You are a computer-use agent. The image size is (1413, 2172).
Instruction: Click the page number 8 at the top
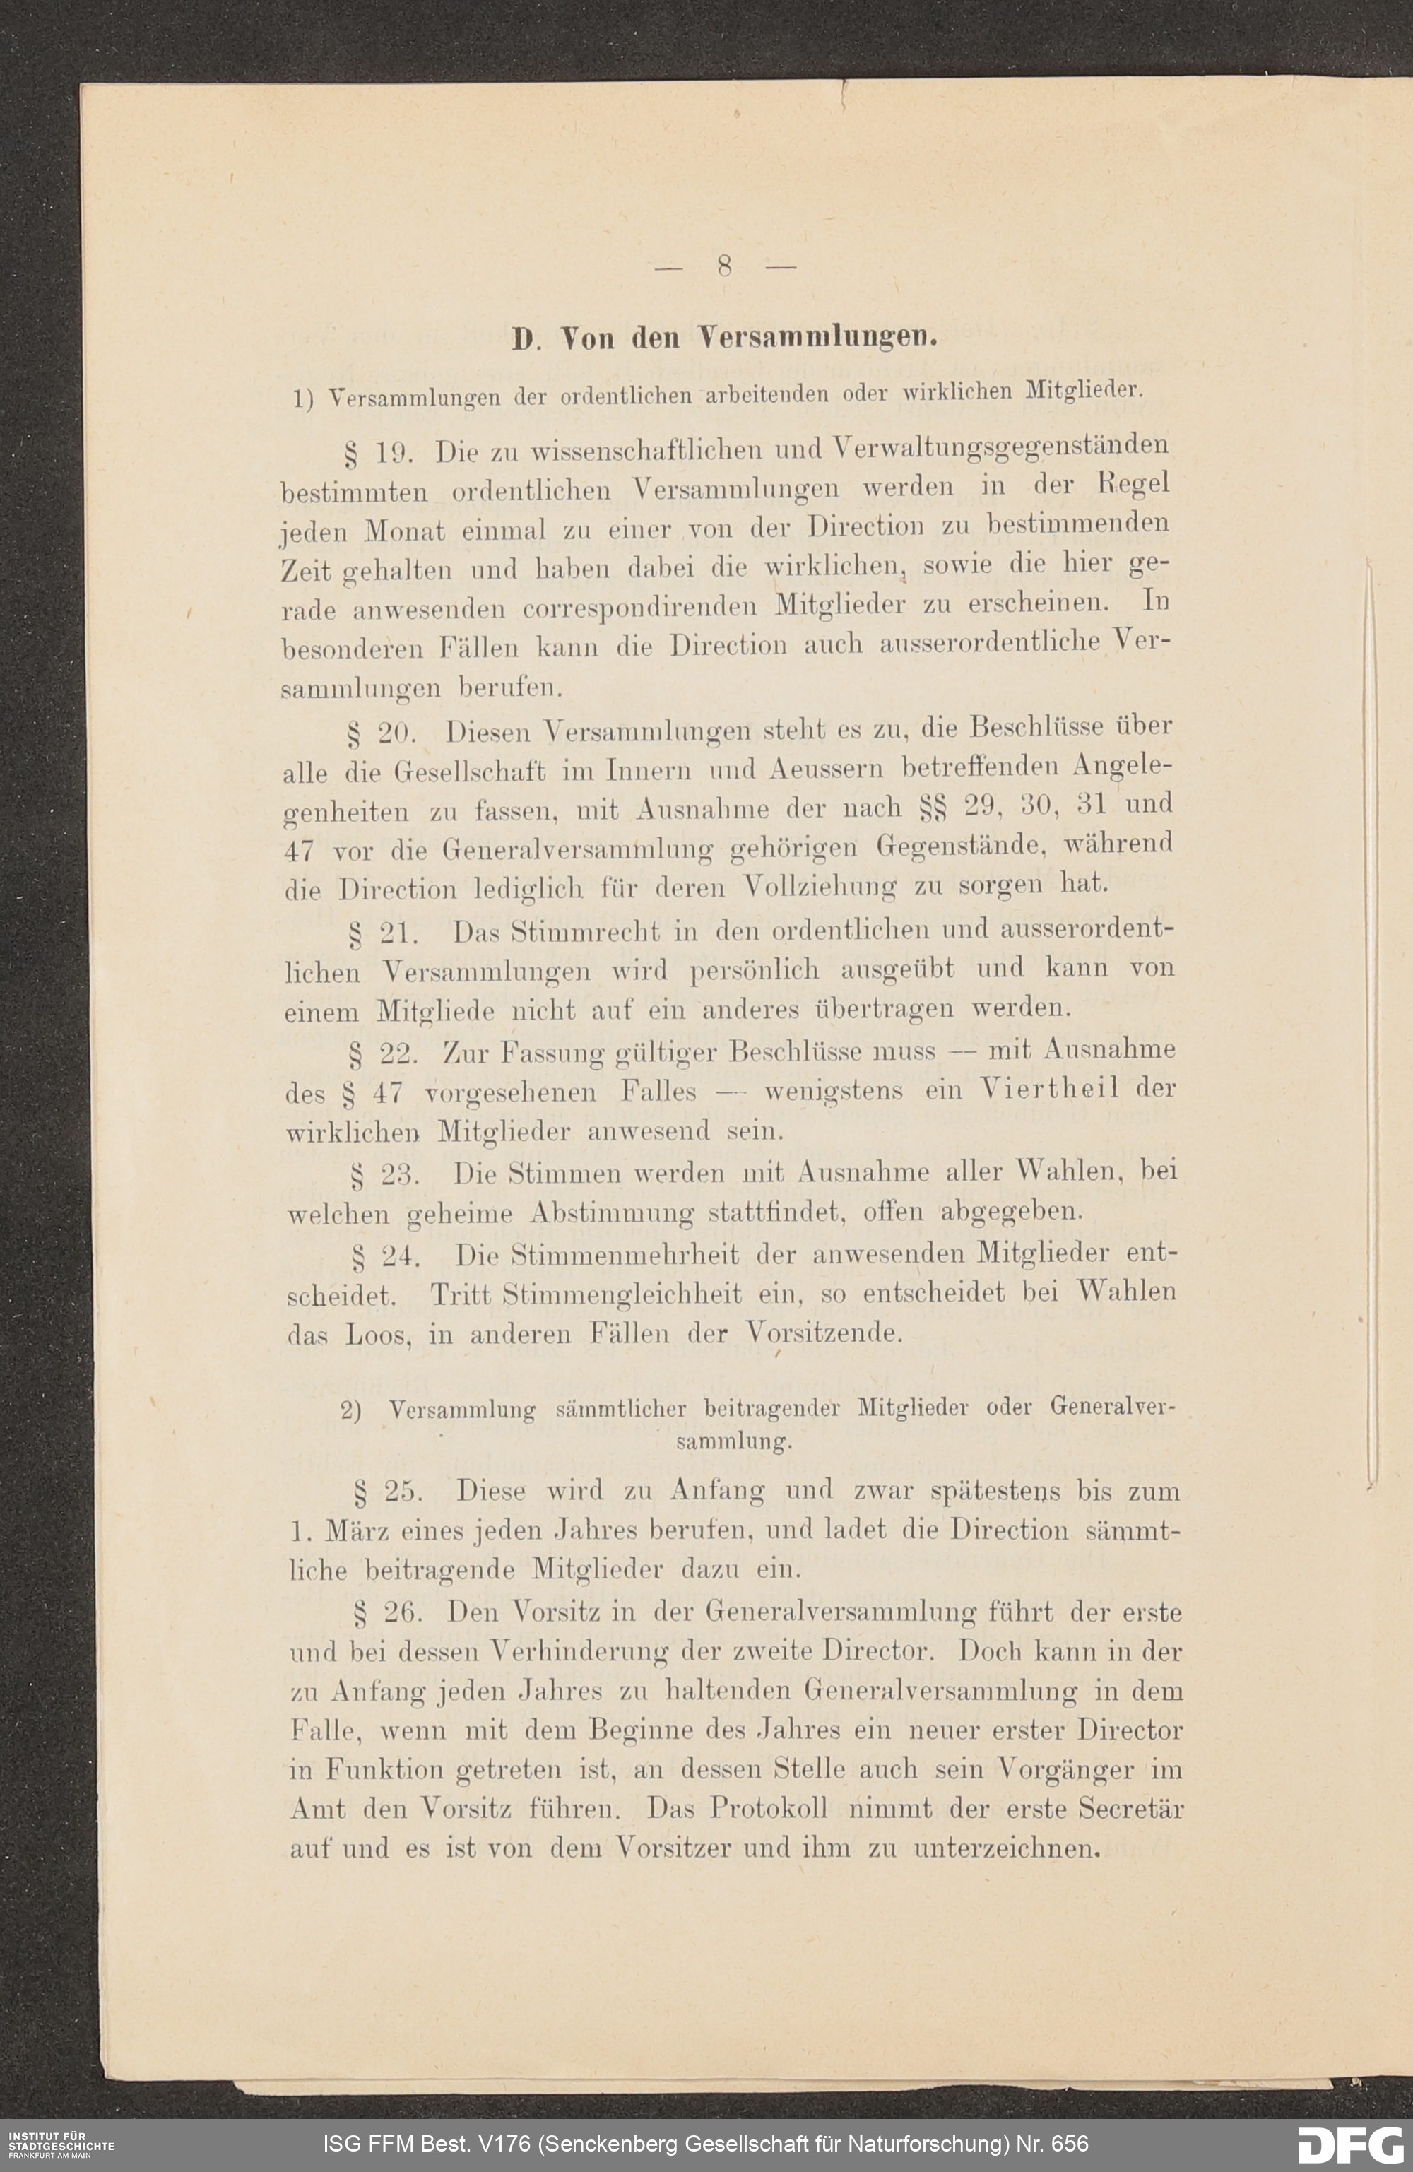click(725, 266)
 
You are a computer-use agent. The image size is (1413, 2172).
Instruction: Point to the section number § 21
click(384, 933)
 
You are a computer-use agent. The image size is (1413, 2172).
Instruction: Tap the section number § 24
click(385, 1258)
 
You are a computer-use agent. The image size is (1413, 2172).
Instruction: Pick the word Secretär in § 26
click(1130, 1807)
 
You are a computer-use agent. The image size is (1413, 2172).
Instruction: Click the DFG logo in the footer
click(1350, 2143)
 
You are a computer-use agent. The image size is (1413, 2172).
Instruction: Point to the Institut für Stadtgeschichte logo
click(57, 2143)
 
